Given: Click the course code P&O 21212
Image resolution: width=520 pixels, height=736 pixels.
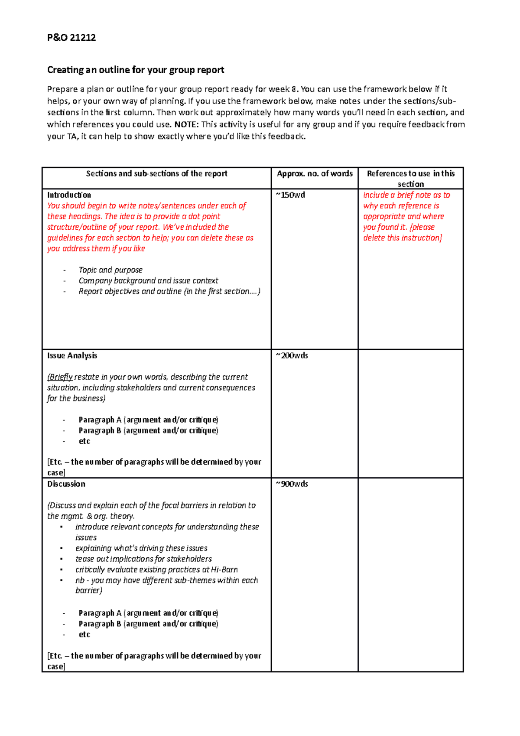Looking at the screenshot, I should click(71, 38).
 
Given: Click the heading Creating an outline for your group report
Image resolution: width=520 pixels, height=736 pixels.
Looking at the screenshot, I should click(135, 70).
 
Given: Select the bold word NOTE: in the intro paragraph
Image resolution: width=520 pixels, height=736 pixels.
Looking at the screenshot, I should click(186, 124).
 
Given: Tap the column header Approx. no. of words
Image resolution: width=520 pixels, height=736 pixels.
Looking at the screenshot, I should click(315, 173).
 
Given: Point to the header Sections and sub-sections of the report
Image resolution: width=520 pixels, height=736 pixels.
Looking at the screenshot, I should click(156, 173).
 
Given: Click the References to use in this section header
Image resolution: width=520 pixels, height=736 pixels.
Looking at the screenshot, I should click(410, 178).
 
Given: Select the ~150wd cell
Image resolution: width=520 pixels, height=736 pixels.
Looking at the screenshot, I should click(290, 195).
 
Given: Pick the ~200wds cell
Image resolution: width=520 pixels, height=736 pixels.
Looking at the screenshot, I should click(292, 355).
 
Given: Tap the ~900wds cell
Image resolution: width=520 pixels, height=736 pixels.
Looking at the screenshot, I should click(292, 484).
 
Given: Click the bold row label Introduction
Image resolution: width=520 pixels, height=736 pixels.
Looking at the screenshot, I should click(69, 195).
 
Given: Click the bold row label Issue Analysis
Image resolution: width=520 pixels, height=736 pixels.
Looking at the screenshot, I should click(72, 355).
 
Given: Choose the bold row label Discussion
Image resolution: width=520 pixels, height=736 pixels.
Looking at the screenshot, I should click(66, 484).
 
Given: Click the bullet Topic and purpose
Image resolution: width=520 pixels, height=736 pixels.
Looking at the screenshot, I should click(110, 270).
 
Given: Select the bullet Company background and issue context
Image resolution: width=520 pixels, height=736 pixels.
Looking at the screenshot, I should click(148, 280).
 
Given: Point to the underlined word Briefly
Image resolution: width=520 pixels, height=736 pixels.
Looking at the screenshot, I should click(61, 377).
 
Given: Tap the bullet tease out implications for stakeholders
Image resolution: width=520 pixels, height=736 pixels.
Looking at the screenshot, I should click(143, 559).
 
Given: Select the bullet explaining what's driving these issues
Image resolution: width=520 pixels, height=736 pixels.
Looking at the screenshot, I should click(141, 548).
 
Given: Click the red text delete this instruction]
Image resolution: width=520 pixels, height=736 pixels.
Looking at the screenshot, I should click(402, 238).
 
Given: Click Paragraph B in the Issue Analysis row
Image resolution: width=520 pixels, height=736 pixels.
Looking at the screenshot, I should click(100, 430).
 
